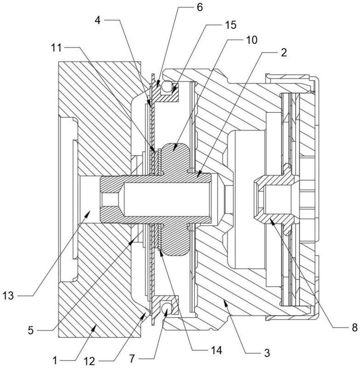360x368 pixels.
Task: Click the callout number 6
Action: (200, 7)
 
